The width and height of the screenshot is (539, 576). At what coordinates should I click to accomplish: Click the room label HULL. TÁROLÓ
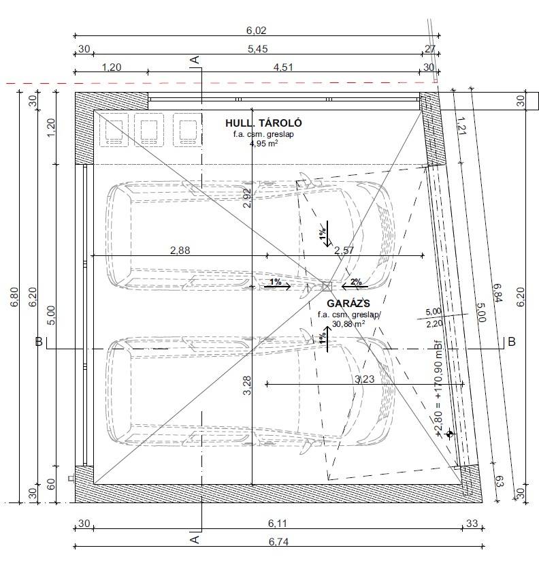(x=263, y=123)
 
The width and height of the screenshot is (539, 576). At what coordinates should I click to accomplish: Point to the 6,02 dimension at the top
(x=257, y=31)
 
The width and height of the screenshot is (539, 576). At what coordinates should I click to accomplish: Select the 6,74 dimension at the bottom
(x=278, y=541)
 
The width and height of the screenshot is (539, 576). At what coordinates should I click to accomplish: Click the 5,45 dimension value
(x=258, y=49)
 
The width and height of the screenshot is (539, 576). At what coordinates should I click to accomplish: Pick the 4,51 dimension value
(x=283, y=67)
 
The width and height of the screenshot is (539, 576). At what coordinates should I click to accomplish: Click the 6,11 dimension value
(x=277, y=523)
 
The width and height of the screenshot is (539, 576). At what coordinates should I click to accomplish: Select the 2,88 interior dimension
(x=180, y=250)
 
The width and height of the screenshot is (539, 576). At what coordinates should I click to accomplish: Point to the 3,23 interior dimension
(x=365, y=379)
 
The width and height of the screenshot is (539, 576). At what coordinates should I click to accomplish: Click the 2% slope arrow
(x=355, y=285)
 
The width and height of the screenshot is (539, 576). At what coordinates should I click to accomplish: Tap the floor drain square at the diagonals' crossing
(x=327, y=287)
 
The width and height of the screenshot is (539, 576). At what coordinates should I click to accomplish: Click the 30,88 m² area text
(x=348, y=323)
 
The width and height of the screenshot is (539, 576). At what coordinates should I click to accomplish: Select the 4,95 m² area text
(x=263, y=143)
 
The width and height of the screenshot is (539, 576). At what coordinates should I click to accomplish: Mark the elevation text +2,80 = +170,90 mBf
(x=438, y=389)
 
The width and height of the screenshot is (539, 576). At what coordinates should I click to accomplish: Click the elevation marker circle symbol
(x=449, y=434)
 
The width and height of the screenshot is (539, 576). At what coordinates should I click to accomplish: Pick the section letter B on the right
(x=512, y=342)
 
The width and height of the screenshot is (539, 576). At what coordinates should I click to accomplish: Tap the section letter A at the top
(x=195, y=59)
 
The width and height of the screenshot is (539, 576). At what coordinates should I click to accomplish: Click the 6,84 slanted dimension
(x=497, y=293)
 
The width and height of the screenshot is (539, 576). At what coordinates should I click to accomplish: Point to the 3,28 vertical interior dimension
(x=248, y=385)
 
